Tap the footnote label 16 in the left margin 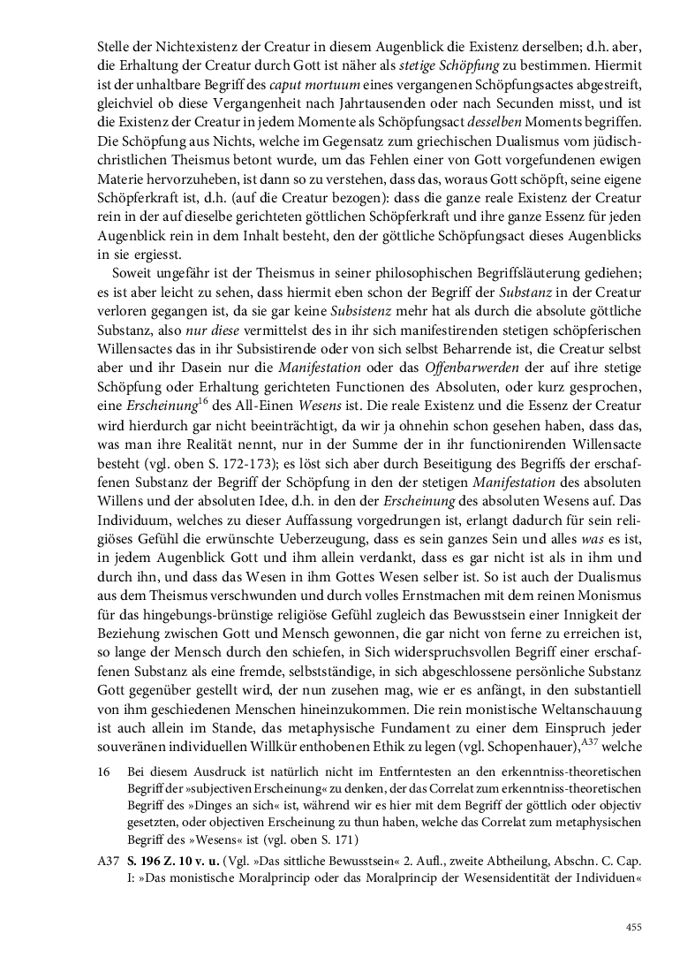[103, 772]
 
